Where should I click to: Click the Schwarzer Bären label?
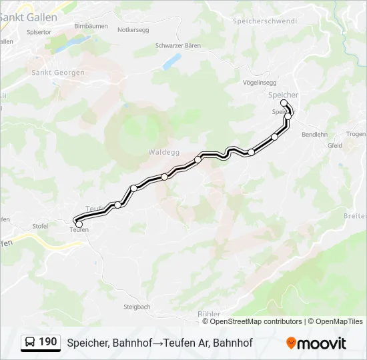[x=177, y=45]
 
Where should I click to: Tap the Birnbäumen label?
[x=91, y=25]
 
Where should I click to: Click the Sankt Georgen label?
[x=58, y=73]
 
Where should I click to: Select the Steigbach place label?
[x=137, y=307]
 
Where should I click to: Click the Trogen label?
[x=356, y=134]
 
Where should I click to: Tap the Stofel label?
[x=40, y=226]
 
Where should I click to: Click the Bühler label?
[x=209, y=313]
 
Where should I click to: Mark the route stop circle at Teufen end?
[x=79, y=224]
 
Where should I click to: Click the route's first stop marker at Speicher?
[x=284, y=103]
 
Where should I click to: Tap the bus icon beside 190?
[x=30, y=343]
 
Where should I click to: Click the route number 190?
[x=47, y=342]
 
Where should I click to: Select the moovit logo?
[x=316, y=343]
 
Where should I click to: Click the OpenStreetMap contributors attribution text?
[x=256, y=321]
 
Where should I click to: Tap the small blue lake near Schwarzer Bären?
[x=172, y=61]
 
